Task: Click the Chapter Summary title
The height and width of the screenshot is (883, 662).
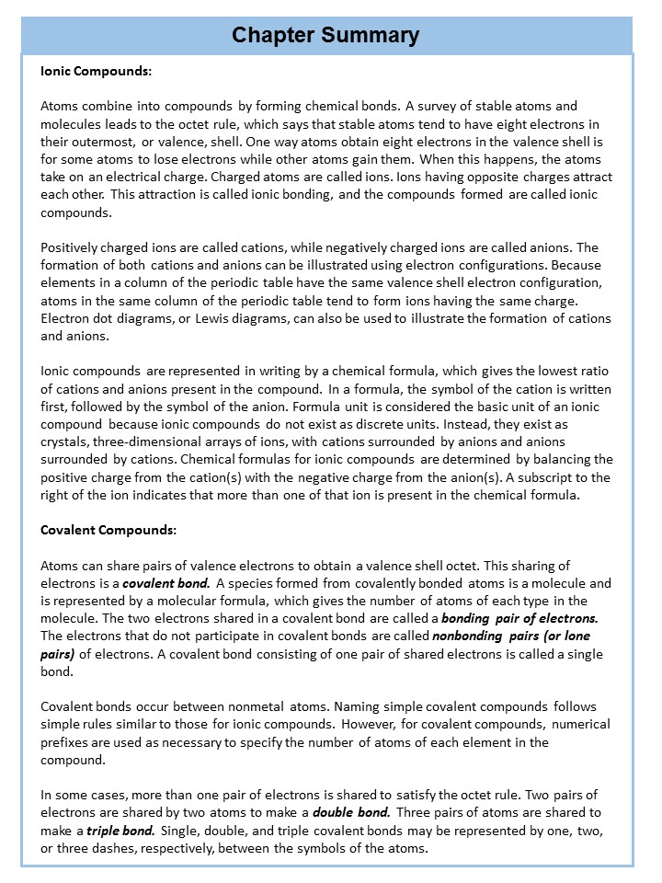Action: [x=325, y=36]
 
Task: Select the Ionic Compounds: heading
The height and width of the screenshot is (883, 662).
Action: [x=97, y=70]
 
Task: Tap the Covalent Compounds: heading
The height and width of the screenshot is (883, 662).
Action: [x=108, y=531]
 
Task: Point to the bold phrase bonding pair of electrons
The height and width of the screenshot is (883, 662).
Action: [x=519, y=618]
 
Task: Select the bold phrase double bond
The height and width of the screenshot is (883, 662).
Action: [x=352, y=813]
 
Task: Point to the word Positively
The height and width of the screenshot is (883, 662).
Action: [x=73, y=247]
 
